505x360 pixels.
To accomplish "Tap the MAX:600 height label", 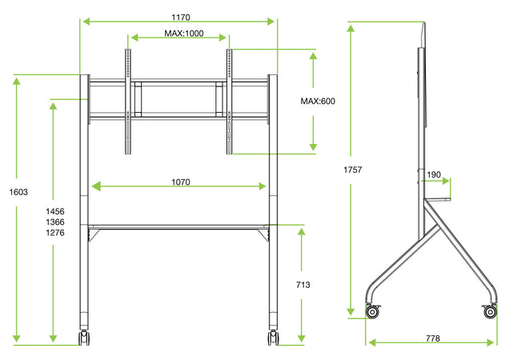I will [318, 102].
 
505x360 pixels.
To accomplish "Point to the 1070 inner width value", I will [180, 182].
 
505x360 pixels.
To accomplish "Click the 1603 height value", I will [18, 192].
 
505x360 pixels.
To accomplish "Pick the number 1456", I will [54, 210].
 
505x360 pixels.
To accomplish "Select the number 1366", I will [54, 222].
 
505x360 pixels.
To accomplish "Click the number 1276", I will [54, 233].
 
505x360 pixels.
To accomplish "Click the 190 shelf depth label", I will [434, 175].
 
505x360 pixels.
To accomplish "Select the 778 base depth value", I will [432, 338].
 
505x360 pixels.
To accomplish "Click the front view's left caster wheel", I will [83, 338].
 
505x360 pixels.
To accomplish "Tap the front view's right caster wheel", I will [273, 338].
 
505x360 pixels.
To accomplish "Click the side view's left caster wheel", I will [373, 311].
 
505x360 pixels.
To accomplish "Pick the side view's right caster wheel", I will [490, 311].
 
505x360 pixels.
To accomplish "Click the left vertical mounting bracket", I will [126, 102].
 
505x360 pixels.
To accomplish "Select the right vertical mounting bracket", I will [230, 102].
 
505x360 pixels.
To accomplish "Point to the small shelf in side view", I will [437, 199].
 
